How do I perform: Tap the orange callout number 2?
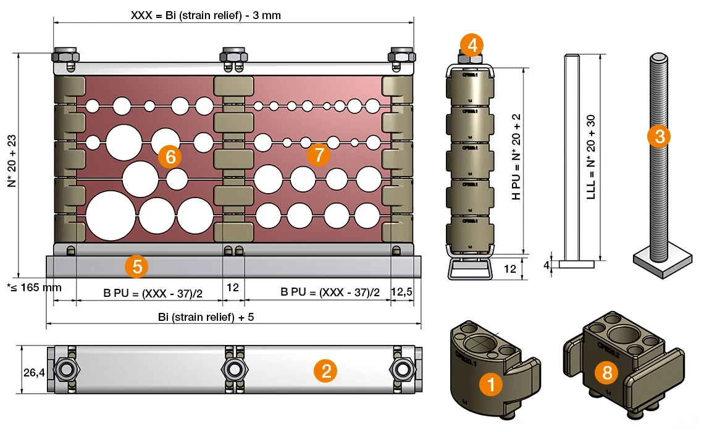(325, 370)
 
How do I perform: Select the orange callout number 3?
(660, 136)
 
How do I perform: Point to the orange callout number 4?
(472, 44)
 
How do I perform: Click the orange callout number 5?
(136, 267)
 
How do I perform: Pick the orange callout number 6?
(170, 157)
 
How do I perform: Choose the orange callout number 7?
(319, 155)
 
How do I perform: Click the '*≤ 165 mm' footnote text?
(34, 288)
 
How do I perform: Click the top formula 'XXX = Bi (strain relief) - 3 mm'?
(206, 15)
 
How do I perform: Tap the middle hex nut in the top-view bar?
(234, 370)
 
